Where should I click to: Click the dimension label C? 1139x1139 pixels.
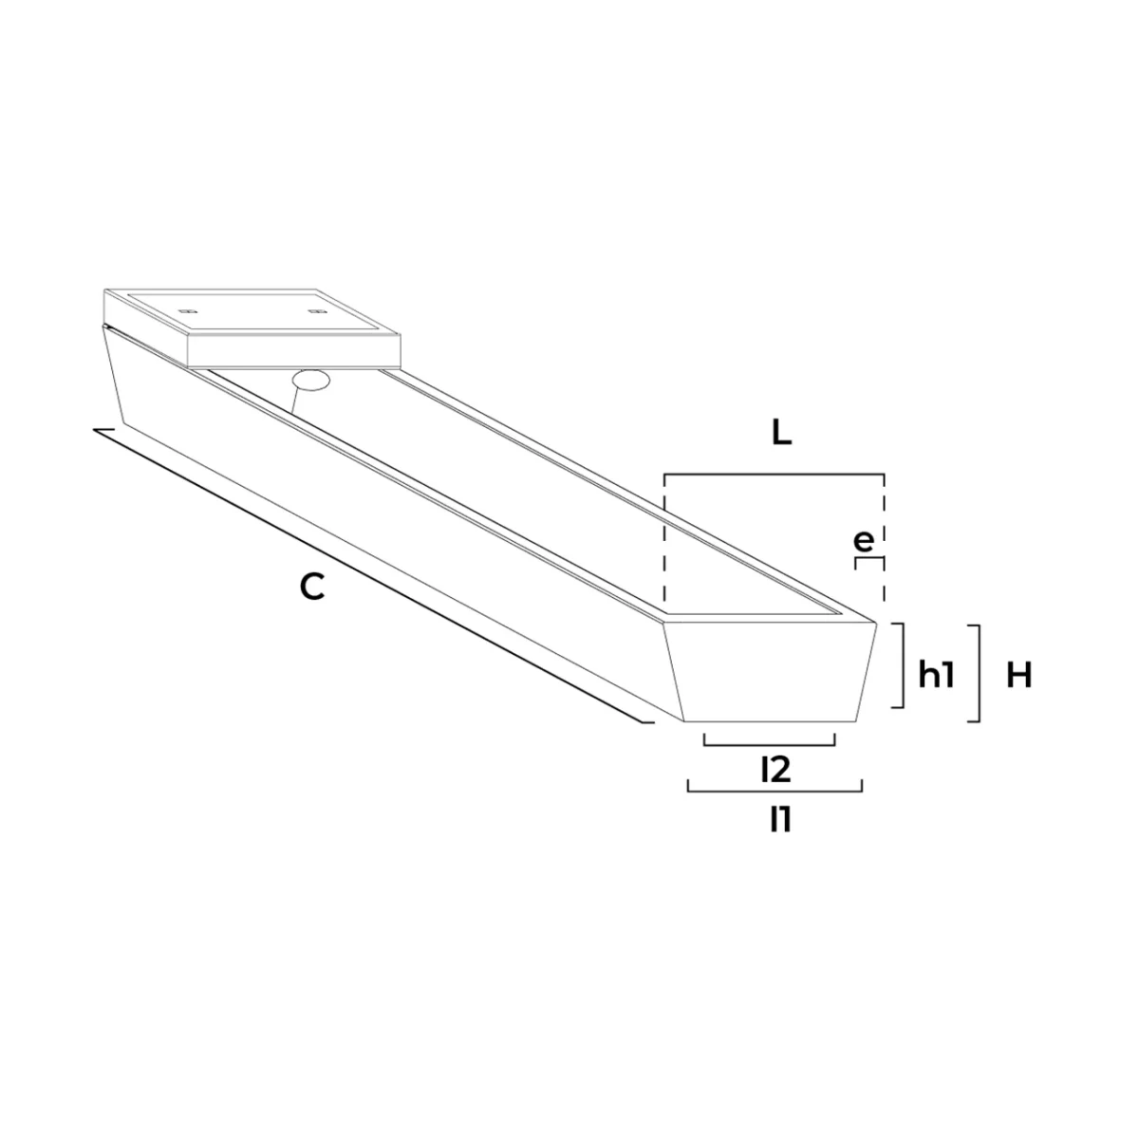click(312, 587)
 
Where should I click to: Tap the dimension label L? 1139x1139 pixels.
click(781, 435)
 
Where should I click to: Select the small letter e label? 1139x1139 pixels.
click(864, 541)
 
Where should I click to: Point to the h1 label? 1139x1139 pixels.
click(936, 675)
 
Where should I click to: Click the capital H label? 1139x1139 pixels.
click(1019, 675)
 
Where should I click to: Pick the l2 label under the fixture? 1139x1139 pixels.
click(776, 770)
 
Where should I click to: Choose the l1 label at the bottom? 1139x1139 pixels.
click(780, 819)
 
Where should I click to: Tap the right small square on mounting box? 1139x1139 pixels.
click(314, 310)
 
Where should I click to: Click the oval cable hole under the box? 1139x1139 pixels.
click(311, 380)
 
